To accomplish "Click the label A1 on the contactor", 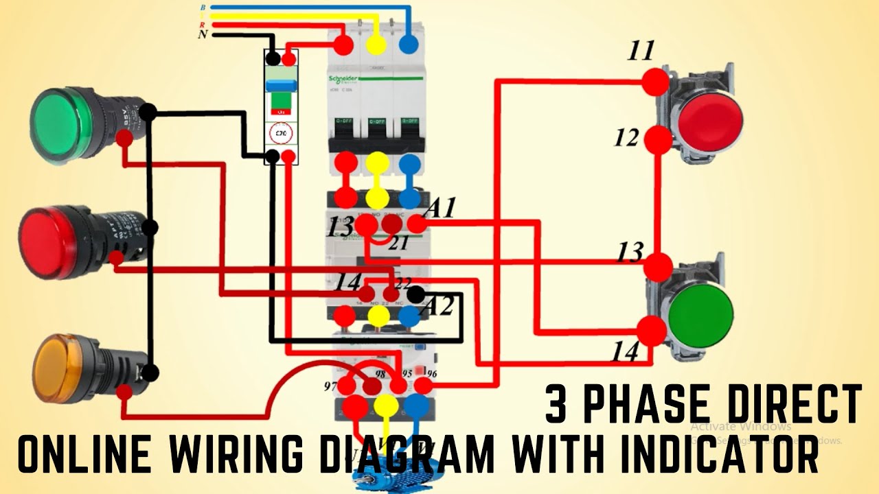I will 440,207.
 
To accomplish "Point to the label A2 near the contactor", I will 440,306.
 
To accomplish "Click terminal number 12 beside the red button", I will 627,139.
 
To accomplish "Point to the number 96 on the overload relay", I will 431,375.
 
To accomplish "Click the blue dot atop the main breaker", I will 409,45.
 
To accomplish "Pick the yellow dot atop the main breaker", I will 376,45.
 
